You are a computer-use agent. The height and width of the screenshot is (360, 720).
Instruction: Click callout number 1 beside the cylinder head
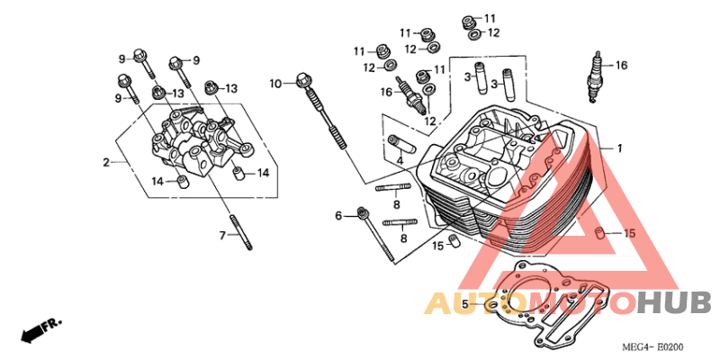619,148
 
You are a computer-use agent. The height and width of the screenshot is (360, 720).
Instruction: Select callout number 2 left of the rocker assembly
106,162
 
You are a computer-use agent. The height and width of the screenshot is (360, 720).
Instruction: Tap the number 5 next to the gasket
464,304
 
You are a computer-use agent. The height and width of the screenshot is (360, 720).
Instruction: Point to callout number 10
275,84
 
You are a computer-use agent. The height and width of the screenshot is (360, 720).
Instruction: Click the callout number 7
222,236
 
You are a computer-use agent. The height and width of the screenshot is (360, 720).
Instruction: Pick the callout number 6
338,215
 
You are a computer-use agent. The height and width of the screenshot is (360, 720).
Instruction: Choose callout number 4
400,161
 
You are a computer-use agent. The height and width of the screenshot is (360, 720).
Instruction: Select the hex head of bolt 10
302,79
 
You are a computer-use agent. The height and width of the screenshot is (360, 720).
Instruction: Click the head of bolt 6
364,212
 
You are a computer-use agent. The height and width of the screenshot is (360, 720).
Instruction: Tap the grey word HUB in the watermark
674,303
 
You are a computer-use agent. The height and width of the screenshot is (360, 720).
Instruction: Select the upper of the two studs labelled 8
393,187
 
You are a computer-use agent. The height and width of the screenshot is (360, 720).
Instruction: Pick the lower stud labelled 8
400,222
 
